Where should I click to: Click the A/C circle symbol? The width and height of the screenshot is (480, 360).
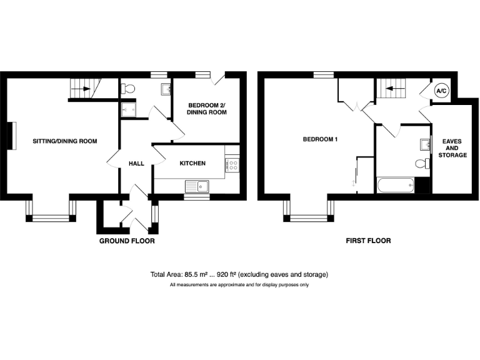coord(441,92)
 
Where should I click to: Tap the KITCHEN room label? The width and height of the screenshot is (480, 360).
coord(192,163)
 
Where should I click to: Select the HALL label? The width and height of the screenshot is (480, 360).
coord(136,163)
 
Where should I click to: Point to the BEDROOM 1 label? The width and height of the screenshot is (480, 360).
coord(320,139)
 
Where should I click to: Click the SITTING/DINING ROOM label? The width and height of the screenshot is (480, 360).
coord(65,141)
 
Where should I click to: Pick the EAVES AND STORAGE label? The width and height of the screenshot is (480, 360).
coord(452,148)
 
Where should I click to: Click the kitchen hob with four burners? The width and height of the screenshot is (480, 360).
coord(232,164)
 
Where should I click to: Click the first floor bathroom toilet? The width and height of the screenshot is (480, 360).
coord(422,164)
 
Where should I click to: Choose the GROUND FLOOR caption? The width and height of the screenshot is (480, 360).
coord(127,241)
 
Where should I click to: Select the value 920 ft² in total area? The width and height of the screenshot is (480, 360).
coord(229,274)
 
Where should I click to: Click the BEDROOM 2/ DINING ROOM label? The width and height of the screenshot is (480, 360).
coord(206,108)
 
